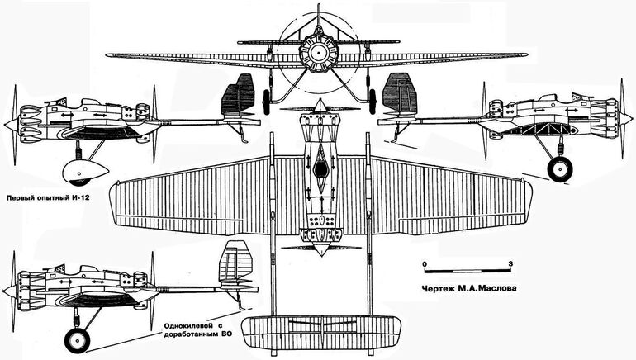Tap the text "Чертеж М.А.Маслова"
[x=469, y=289]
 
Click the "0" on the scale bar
[x=425, y=264]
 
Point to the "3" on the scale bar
[x=510, y=263]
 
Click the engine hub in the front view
[x=318, y=52]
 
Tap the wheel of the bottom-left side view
[x=77, y=340]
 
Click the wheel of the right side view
[x=560, y=168]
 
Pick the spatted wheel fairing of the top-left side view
[x=84, y=171]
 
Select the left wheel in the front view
[x=267, y=102]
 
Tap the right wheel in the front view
[x=372, y=102]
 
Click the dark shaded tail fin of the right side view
[x=399, y=94]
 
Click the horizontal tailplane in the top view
[x=321, y=334]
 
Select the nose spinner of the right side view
[x=626, y=119]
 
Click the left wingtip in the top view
[x=114, y=202]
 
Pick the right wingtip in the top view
[x=528, y=201]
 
